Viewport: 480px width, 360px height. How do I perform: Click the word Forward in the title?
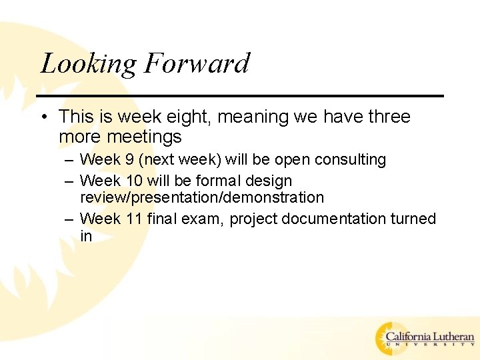[x=196, y=63]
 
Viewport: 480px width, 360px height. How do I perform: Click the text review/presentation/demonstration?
[x=202, y=197]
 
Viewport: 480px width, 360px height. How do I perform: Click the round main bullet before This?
[x=44, y=117]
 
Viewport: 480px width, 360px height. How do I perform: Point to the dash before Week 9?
[x=70, y=161]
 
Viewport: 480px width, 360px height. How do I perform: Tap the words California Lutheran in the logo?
[x=430, y=337]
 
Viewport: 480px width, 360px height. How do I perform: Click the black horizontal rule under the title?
[x=240, y=96]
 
